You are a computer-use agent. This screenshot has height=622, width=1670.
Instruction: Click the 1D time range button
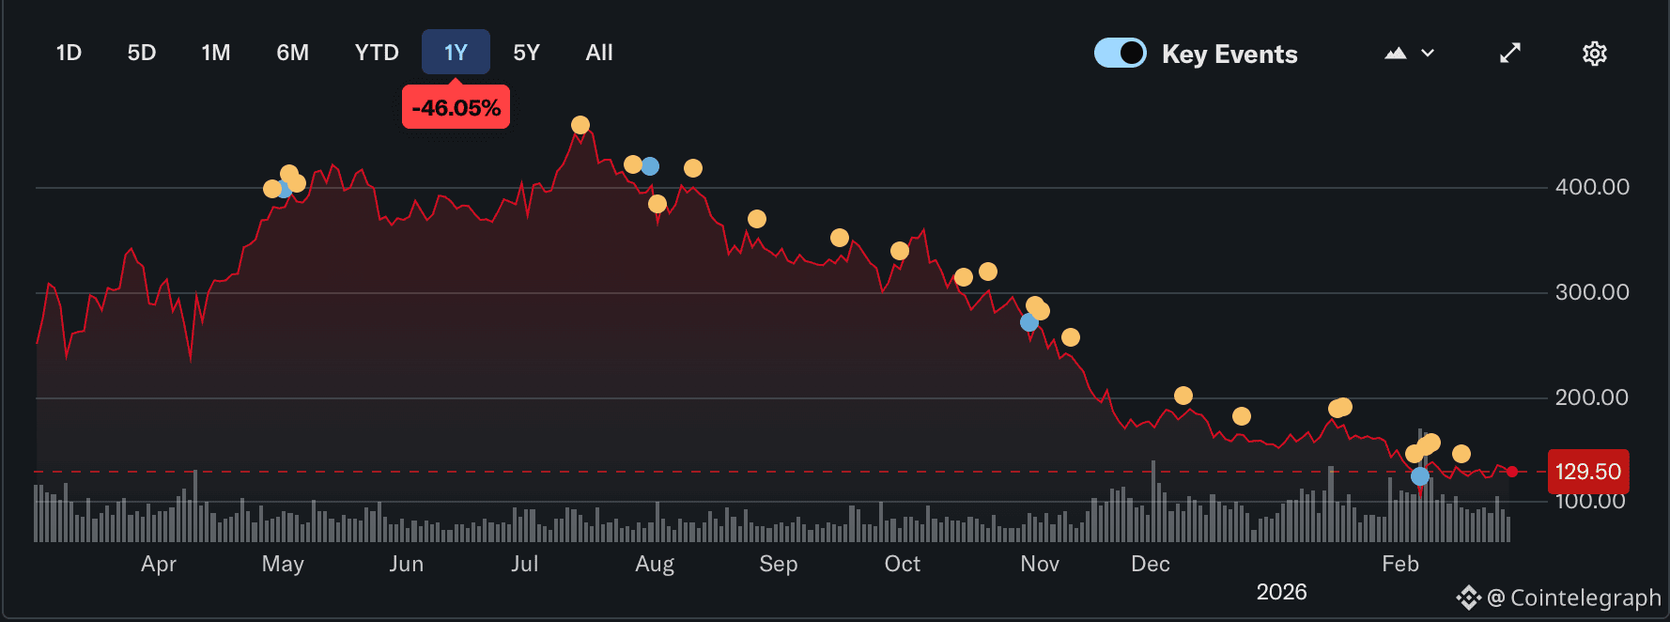(69, 53)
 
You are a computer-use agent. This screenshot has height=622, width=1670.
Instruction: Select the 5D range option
(142, 53)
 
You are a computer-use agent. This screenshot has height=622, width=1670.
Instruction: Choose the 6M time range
(292, 53)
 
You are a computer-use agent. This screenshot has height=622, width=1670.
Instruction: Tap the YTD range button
(377, 53)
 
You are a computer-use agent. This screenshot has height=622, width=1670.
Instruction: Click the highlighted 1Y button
(456, 53)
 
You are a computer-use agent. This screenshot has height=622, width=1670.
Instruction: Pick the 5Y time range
(526, 53)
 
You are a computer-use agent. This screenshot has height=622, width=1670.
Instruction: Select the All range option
(599, 53)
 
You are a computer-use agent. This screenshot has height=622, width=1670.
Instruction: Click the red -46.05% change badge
(456, 108)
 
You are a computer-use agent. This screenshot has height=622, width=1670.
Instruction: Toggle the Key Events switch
(1121, 53)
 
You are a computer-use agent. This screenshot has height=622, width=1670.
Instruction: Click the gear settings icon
(1594, 54)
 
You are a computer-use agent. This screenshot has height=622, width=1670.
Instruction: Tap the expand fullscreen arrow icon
(1510, 54)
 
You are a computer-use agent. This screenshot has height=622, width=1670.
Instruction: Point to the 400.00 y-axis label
(1592, 187)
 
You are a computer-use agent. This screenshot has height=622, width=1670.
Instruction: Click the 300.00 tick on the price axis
(1592, 292)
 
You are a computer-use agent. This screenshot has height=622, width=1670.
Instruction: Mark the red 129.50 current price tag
(1587, 472)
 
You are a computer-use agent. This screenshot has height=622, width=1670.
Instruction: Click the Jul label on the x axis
(525, 564)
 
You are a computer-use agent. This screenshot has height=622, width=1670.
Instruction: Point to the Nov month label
(1040, 564)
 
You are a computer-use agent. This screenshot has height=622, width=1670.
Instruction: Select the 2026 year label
(1281, 592)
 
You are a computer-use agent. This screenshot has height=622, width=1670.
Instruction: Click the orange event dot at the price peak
(580, 125)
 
